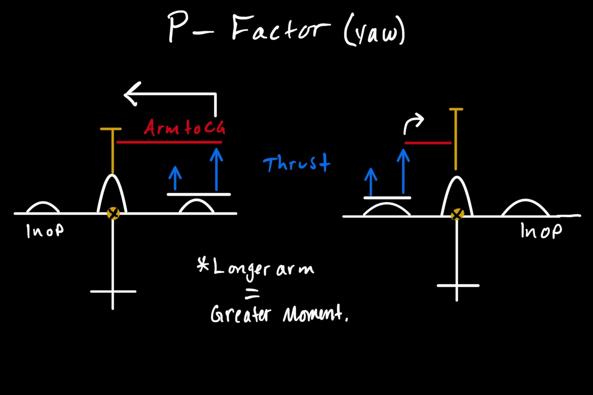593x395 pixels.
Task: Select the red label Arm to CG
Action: [x=184, y=128]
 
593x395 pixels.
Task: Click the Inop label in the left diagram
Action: [x=45, y=231]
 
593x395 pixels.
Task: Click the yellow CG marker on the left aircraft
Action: [x=113, y=213]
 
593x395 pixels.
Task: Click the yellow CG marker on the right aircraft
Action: [x=457, y=215]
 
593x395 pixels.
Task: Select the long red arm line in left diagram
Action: [x=169, y=142]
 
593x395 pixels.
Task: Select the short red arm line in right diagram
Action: [x=428, y=143]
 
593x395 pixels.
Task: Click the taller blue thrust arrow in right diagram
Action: [x=403, y=171]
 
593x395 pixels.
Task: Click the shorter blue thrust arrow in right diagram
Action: [x=370, y=181]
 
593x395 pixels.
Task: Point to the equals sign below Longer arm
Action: [x=252, y=293]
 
